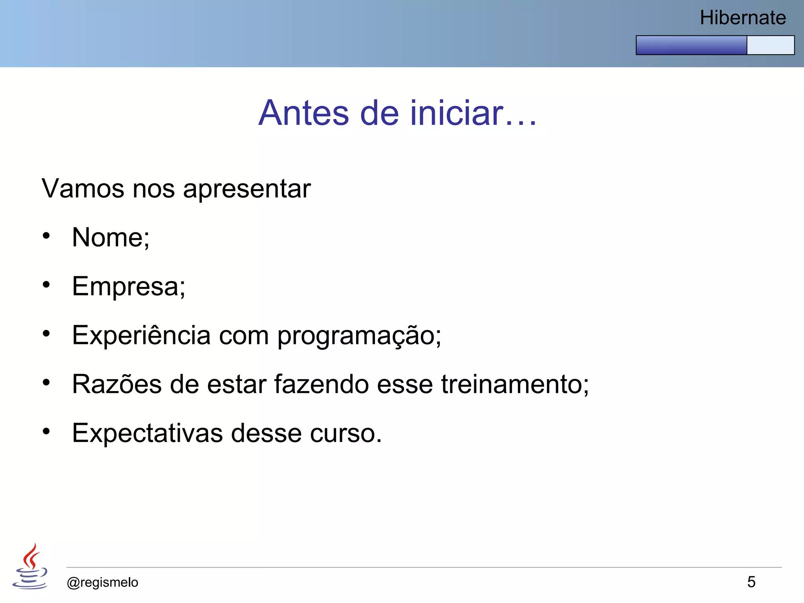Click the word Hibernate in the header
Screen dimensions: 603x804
(743, 18)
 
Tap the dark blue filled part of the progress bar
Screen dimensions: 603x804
(691, 45)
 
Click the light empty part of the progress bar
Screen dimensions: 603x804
(770, 45)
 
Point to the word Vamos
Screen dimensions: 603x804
(83, 189)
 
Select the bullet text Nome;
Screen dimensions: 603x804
(111, 238)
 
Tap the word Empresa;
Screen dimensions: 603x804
(128, 287)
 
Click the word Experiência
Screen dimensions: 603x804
(141, 336)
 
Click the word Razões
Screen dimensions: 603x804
(117, 384)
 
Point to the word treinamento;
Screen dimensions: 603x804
(515, 384)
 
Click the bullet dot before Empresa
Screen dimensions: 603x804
(46, 285)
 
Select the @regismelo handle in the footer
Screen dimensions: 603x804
(102, 583)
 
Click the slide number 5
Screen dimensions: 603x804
(751, 582)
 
